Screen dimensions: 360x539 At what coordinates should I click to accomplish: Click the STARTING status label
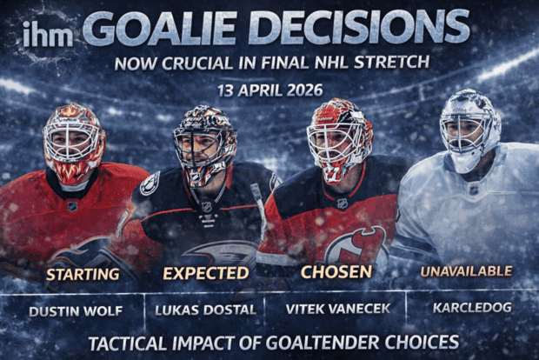[x=83, y=274]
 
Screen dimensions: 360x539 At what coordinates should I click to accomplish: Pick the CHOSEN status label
[x=336, y=272]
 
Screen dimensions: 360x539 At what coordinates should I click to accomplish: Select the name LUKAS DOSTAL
[x=204, y=310]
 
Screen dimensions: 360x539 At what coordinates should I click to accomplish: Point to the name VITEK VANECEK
[x=336, y=309]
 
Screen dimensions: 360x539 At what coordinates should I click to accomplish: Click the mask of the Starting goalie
[x=73, y=143]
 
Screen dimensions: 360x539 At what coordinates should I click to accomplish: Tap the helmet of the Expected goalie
[x=205, y=143]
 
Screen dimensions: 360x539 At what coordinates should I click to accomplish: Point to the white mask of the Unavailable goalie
[x=469, y=130]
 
